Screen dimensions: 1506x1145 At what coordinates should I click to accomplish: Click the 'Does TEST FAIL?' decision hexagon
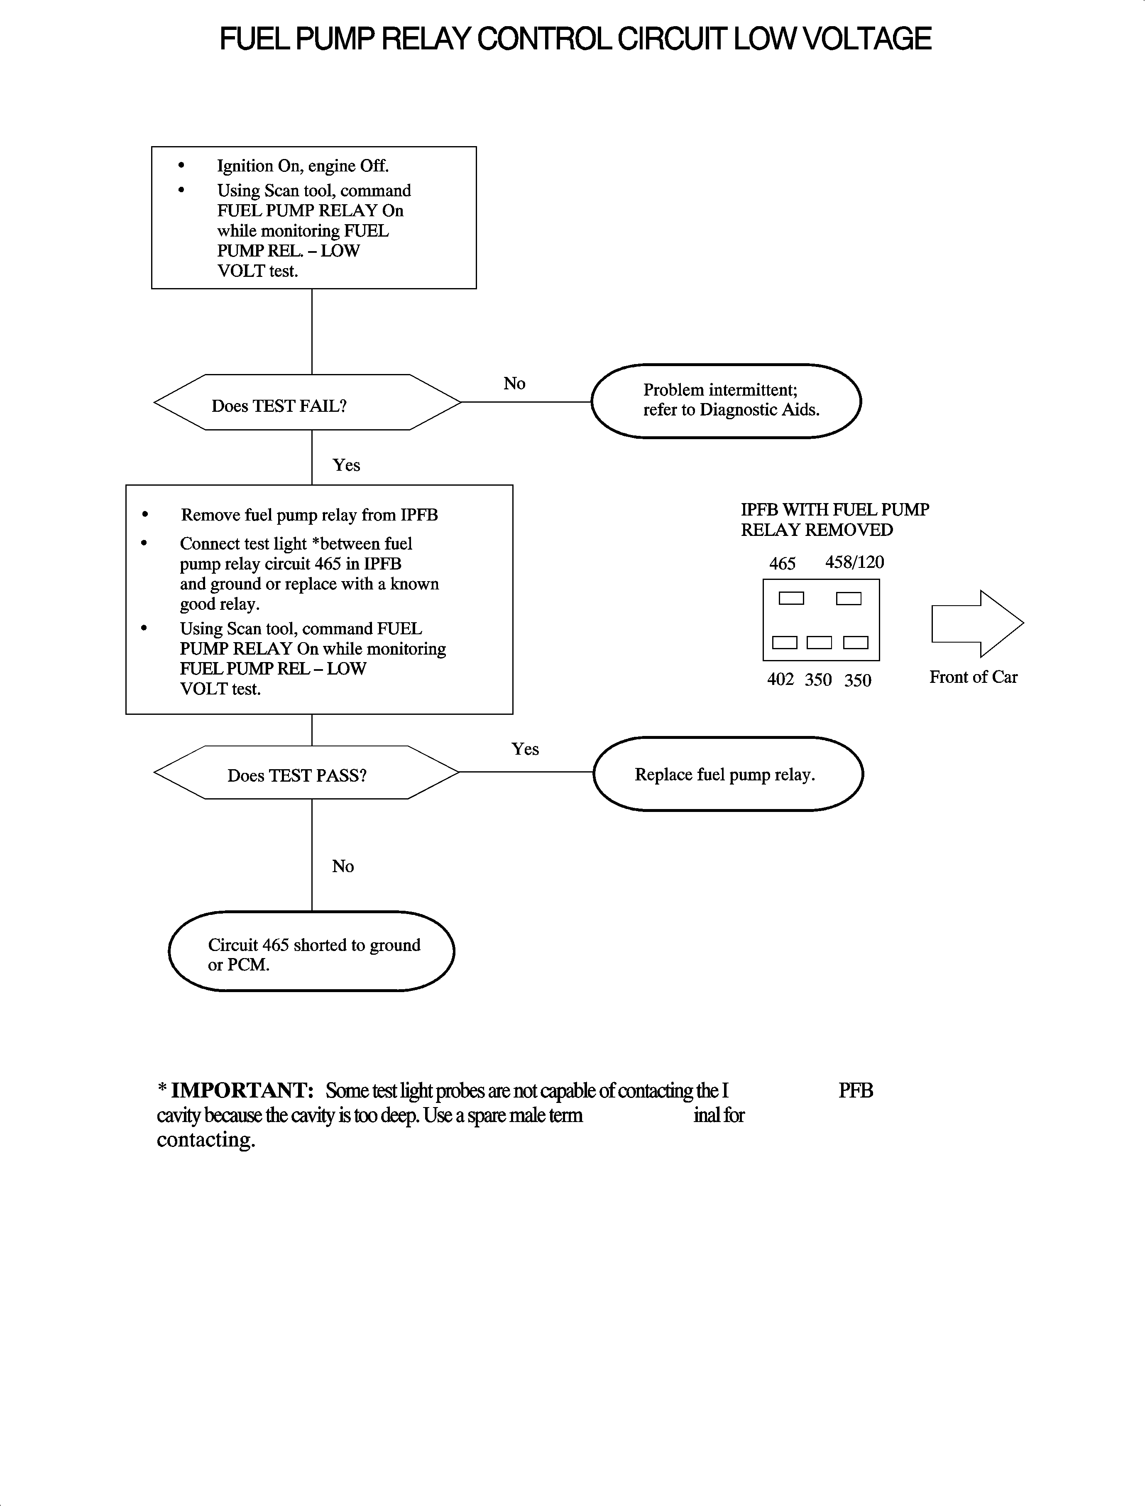(x=307, y=403)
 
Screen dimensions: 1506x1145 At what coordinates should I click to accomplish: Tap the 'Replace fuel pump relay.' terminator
(x=728, y=774)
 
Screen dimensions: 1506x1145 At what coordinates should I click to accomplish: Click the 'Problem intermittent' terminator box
(x=726, y=401)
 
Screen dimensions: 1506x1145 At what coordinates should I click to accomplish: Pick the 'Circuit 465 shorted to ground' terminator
(x=311, y=951)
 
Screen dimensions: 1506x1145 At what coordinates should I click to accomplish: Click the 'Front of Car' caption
(x=973, y=677)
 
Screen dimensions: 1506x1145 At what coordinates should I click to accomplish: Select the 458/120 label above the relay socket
(x=854, y=562)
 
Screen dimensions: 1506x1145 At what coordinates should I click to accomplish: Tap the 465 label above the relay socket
(x=782, y=564)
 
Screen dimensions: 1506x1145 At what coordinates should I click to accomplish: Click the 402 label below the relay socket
(x=780, y=680)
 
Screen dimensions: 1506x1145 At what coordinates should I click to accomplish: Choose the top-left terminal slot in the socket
(x=791, y=598)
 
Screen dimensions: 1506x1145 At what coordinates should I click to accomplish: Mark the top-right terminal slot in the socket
(x=849, y=598)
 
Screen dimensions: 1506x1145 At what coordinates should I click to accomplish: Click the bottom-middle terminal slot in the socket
(x=819, y=643)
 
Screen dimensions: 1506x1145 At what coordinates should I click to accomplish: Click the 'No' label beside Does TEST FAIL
(x=514, y=384)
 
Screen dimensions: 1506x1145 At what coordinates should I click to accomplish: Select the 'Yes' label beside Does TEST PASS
(x=525, y=749)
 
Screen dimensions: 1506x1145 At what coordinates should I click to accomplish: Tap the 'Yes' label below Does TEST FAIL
(x=346, y=465)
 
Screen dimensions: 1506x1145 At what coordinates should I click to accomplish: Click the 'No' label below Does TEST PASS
(x=343, y=866)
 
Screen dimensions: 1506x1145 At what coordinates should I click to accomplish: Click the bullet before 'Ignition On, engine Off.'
(x=181, y=166)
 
